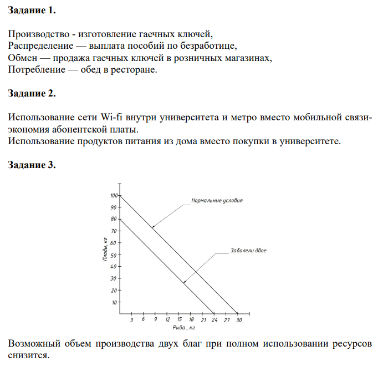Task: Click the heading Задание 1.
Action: pyautogui.click(x=32, y=11)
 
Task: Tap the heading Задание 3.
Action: pyautogui.click(x=32, y=165)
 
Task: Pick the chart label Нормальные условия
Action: pyautogui.click(x=217, y=200)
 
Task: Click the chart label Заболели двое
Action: pyautogui.click(x=248, y=251)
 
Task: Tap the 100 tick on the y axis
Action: pyautogui.click(x=114, y=196)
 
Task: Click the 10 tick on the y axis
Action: pyautogui.click(x=115, y=303)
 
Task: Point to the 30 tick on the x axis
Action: pyautogui.click(x=239, y=321)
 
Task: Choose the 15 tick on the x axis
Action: pyautogui.click(x=179, y=321)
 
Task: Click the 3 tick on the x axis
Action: pyautogui.click(x=131, y=321)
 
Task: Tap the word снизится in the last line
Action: pyautogui.click(x=28, y=355)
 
